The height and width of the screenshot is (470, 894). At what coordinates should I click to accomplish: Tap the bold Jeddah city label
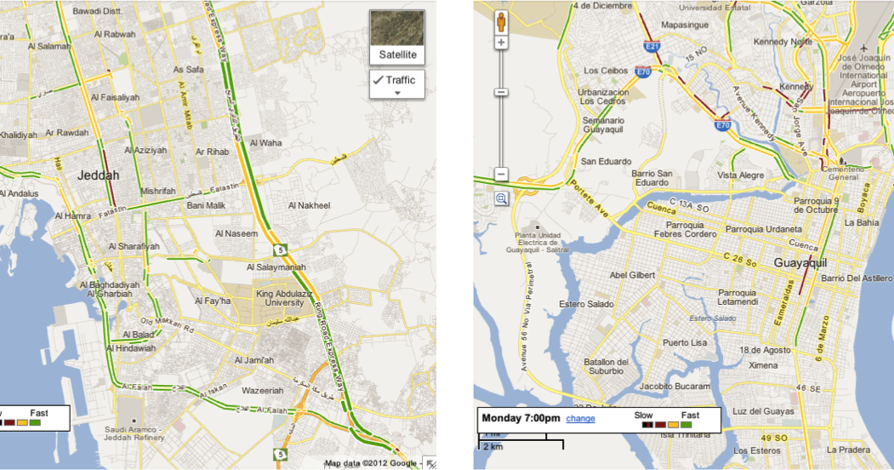coord(98,175)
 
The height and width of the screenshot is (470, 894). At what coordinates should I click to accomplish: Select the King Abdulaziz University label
coord(279,298)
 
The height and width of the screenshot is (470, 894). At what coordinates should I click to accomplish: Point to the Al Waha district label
coord(266,143)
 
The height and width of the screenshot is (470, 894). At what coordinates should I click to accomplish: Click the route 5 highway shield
coord(279,250)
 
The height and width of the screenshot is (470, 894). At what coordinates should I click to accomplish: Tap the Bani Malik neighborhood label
coord(205,205)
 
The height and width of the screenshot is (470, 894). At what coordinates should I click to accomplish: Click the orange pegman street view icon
coord(501,20)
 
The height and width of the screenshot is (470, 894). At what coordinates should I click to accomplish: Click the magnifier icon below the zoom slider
coord(501,198)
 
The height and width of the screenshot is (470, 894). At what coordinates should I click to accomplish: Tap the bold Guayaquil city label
coord(801,263)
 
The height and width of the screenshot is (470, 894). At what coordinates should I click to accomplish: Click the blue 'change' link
coord(580,418)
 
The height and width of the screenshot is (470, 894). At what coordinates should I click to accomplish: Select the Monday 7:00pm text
coord(521,418)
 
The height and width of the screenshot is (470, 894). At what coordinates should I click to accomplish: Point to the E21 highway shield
coord(652,48)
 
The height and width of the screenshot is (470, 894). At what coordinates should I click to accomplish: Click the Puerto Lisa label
coord(685,343)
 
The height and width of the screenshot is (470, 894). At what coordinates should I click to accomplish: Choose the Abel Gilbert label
coord(633,275)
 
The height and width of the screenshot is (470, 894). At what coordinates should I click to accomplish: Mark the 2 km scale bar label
coord(492,446)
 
